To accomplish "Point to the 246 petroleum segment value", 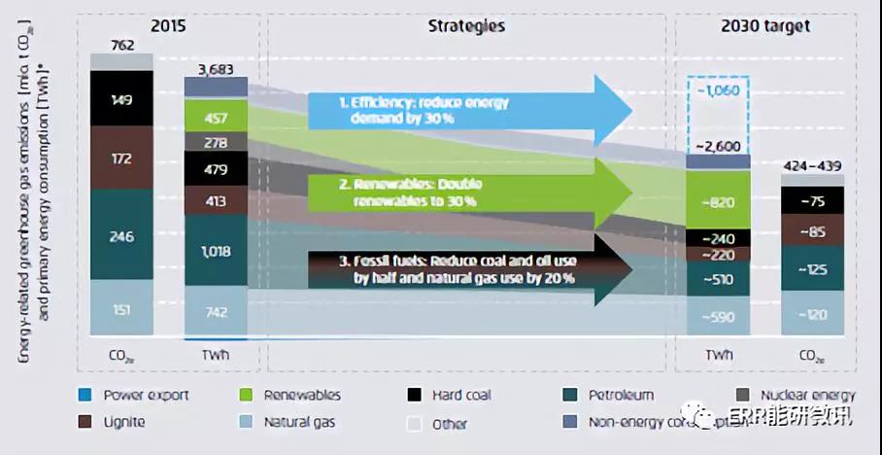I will point(121,235).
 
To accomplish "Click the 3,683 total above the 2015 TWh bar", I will point(216,68).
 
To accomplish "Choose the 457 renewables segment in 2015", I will point(216,118).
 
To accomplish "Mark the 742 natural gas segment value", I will point(216,310).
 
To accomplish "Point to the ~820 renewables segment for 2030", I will point(718,202).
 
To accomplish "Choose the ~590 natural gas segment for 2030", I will point(718,316).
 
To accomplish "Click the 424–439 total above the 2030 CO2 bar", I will point(812,164).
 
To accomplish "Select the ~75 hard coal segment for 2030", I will point(812,200).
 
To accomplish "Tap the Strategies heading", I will point(466,26).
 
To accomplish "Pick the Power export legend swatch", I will point(85,395).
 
